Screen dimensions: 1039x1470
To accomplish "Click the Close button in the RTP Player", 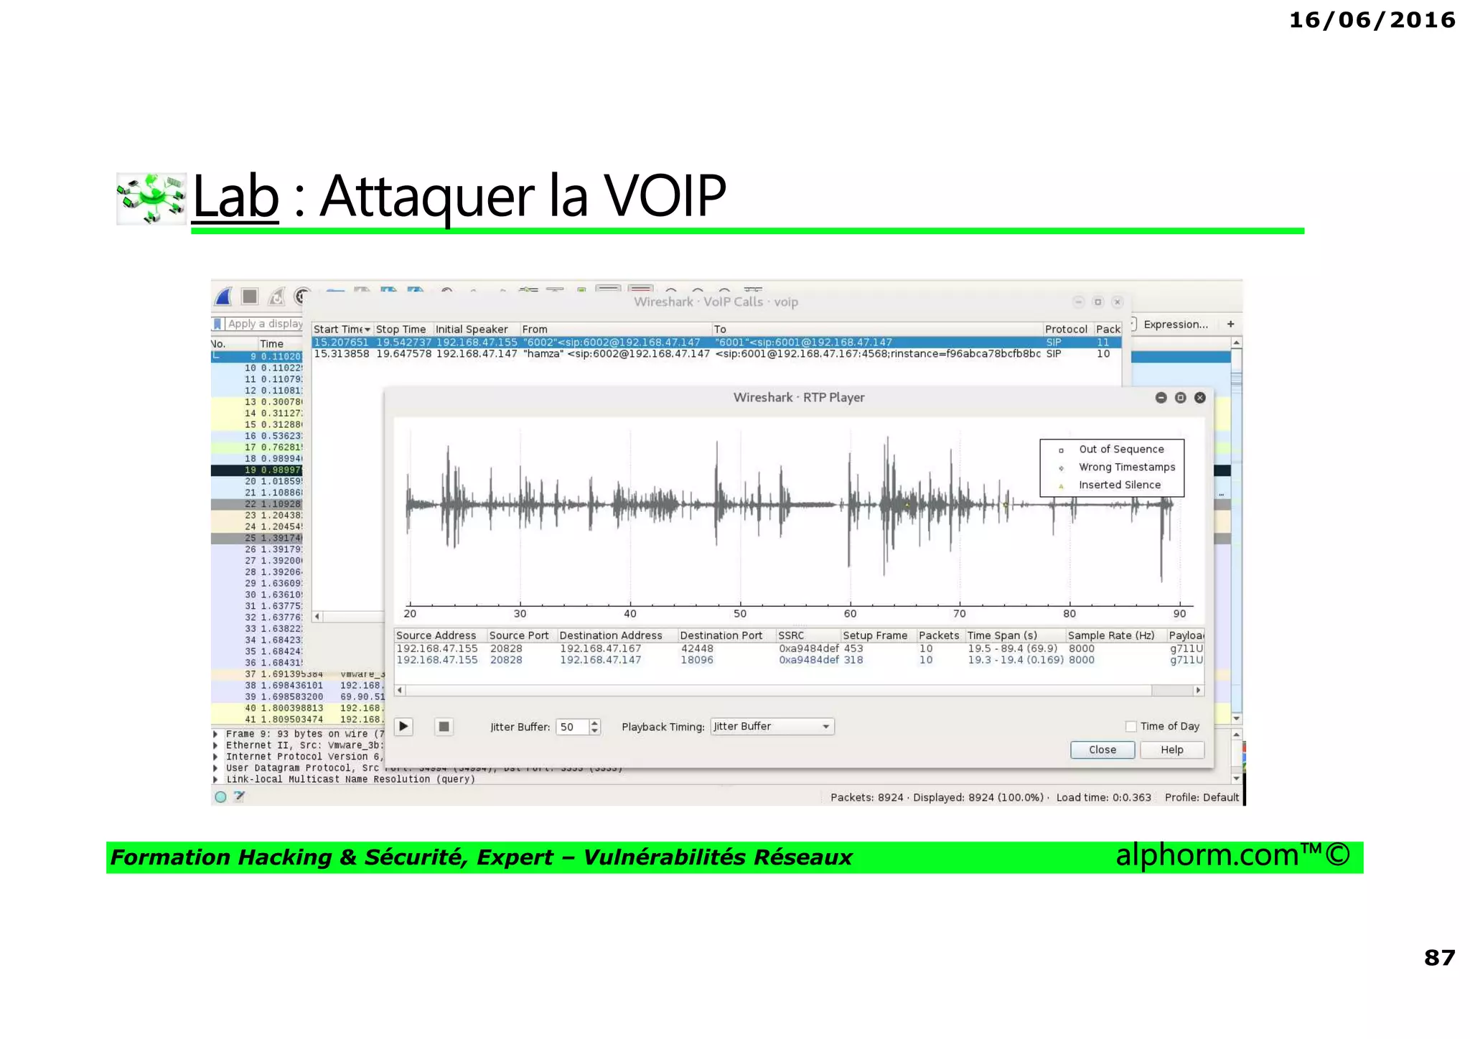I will [1102, 750].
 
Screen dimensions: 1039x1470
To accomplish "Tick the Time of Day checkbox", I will [1131, 727].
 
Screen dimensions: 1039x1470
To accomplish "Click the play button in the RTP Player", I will [404, 727].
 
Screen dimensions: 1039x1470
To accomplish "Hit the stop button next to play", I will [444, 727].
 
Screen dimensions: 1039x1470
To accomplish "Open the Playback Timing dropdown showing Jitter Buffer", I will [772, 727].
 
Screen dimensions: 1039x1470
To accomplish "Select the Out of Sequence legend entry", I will [1120, 449].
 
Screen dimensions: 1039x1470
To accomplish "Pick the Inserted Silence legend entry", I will [1119, 485].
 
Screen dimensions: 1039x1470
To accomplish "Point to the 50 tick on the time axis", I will [740, 613].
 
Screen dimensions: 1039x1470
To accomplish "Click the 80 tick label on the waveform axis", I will [1069, 613].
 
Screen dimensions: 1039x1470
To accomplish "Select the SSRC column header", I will [791, 635].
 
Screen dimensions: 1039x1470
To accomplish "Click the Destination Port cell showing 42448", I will [697, 648].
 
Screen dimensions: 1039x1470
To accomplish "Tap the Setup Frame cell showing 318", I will [853, 660].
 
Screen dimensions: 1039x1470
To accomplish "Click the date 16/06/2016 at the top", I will [1372, 20].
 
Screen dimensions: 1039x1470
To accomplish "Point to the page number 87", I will [1439, 958].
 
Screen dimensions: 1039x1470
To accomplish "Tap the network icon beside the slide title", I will [151, 198].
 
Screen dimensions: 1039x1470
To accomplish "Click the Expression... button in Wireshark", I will [1175, 325].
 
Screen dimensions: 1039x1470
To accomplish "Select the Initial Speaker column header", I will [472, 330].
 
